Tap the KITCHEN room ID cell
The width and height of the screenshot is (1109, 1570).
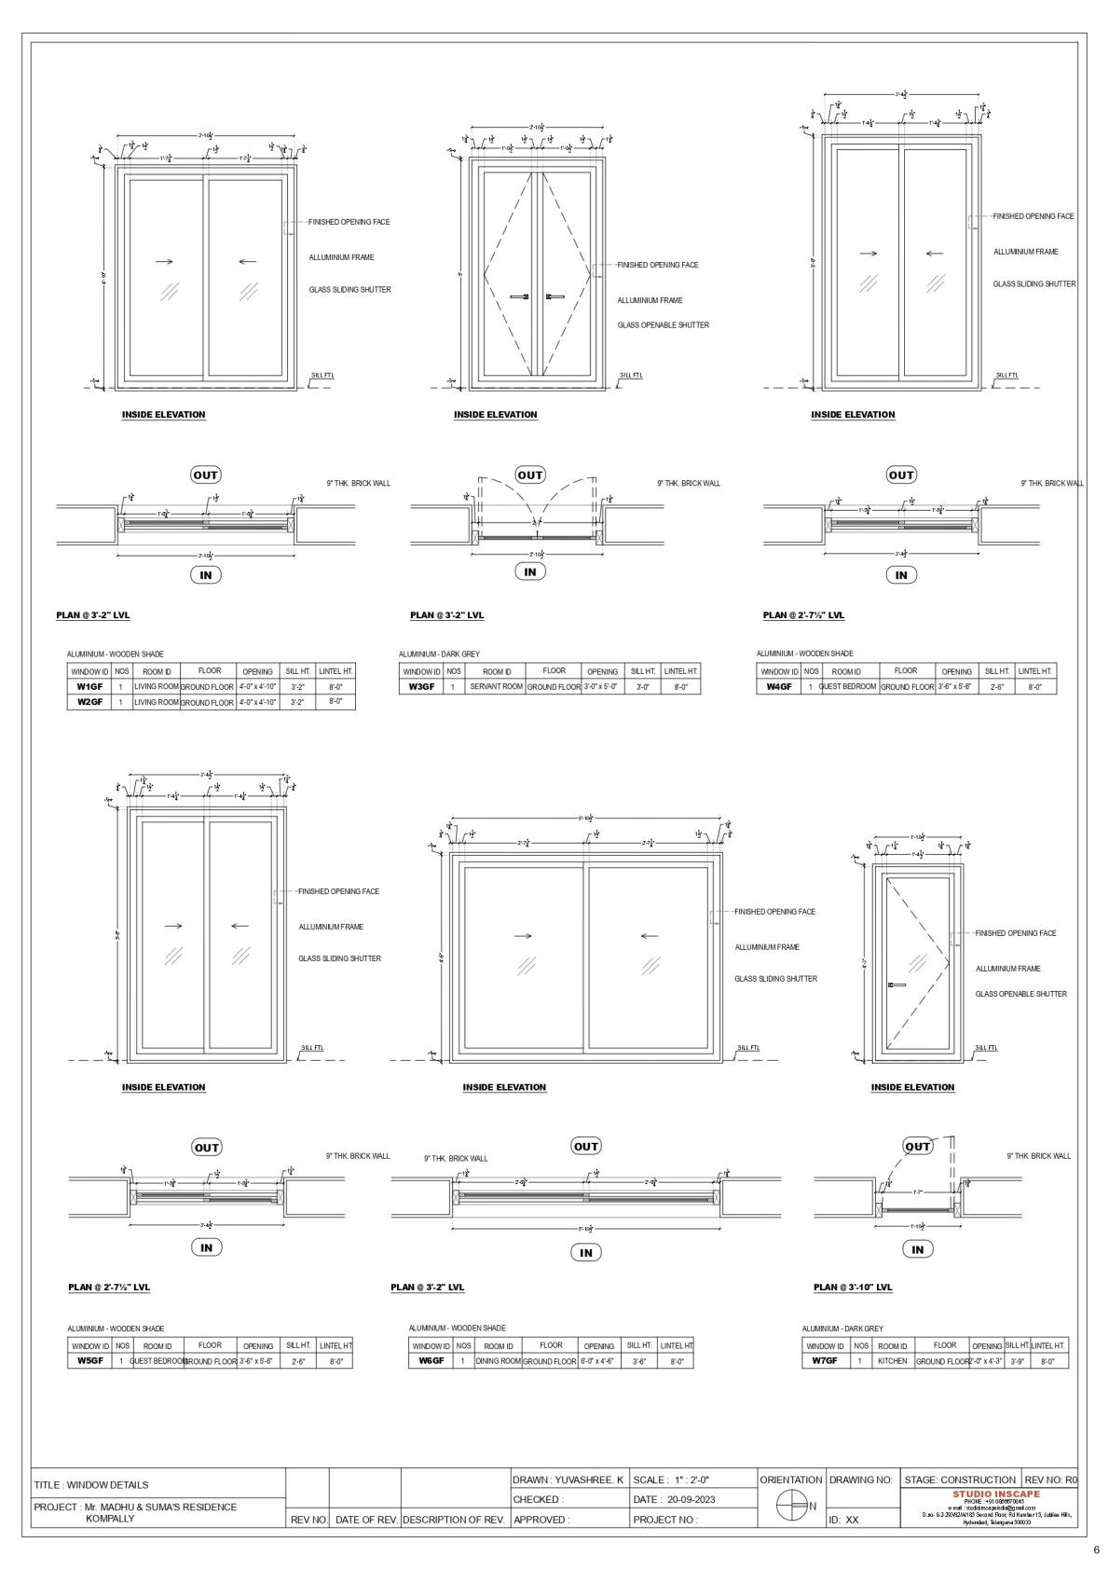tap(892, 1361)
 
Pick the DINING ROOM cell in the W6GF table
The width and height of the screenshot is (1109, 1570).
tap(498, 1361)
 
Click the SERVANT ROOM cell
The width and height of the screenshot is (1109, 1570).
tap(496, 687)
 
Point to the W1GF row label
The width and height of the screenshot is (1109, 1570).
tap(89, 687)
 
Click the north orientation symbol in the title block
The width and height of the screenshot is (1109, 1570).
tap(791, 1505)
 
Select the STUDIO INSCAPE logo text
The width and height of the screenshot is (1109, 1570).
tap(989, 1494)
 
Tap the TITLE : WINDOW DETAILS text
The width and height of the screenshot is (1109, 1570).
tap(91, 1485)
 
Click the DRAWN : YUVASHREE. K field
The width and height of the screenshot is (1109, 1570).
tap(568, 1480)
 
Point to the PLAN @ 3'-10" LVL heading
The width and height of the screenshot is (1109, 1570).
tap(853, 1288)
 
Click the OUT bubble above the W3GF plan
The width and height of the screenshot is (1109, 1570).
tap(529, 475)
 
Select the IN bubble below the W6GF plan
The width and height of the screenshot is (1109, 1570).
tap(585, 1253)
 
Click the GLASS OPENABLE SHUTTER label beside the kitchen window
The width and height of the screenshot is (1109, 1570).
tap(1020, 994)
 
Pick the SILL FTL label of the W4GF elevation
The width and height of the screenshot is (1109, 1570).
tap(1006, 376)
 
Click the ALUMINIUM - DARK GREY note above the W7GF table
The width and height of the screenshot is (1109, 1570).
tap(842, 1329)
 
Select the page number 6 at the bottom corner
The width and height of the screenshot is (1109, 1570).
tap(1096, 1550)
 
